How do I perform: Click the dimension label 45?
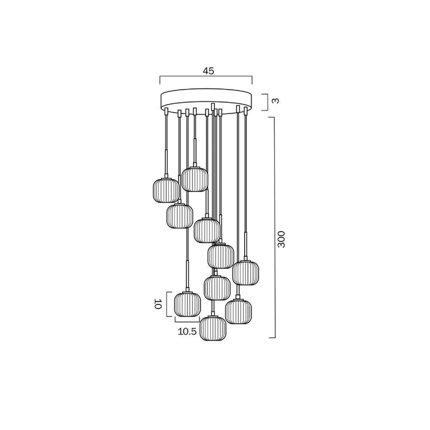tap(208, 70)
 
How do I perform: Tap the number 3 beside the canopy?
tap(275, 100)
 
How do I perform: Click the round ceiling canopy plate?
tap(207, 100)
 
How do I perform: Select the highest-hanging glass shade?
tap(195, 179)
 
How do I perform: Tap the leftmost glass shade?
tap(165, 190)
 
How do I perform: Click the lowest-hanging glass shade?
tap(213, 328)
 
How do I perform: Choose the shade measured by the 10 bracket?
tap(186, 303)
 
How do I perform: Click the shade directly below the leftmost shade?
tap(179, 216)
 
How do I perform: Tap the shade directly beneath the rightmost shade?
tap(239, 310)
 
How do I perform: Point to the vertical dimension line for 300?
tap(274, 227)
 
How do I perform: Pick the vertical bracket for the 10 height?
tap(167, 303)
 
